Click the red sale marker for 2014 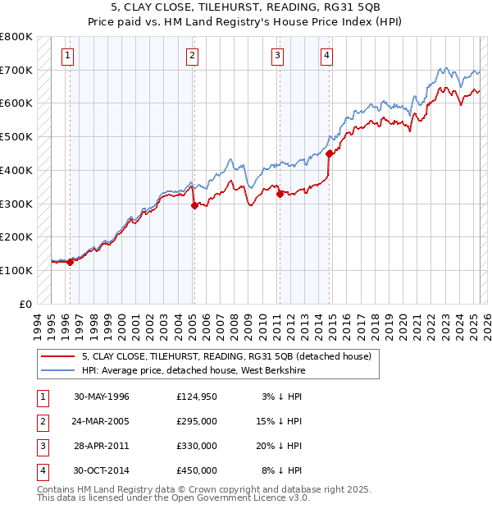329,153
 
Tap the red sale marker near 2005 194,205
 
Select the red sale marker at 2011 280,194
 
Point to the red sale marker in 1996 71,262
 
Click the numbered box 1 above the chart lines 66,56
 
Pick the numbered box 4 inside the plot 326,56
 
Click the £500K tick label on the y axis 16,136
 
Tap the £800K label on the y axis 16,37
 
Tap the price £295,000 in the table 197,421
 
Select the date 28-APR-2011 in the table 101,446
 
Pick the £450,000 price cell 197,470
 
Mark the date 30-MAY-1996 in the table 102,397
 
